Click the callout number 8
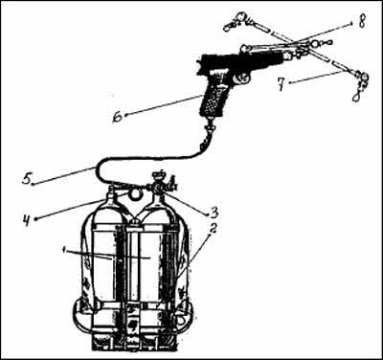(x=361, y=22)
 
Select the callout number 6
(x=118, y=117)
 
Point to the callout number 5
(x=27, y=179)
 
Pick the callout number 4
(x=27, y=219)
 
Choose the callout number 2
(x=214, y=229)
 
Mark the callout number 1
(x=65, y=250)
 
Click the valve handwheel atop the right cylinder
(x=159, y=174)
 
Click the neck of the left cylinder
(x=110, y=192)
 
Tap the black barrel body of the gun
(x=242, y=61)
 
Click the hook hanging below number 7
(x=355, y=96)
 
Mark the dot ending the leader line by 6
(x=126, y=115)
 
